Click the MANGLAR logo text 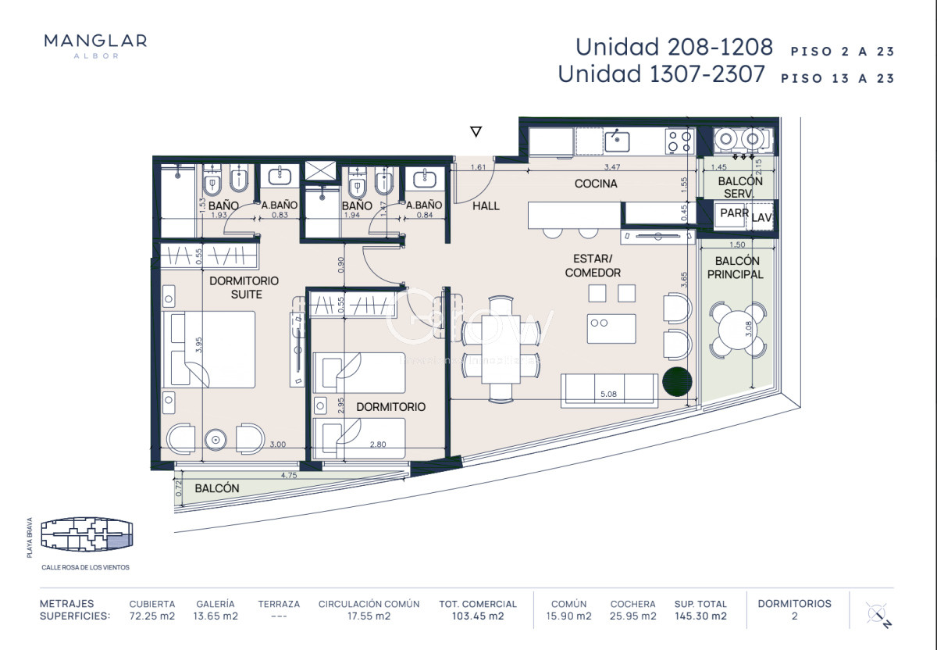click(95, 41)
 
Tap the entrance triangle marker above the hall click(476, 132)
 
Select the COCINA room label click(596, 184)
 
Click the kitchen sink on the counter click(617, 141)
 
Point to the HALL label click(486, 205)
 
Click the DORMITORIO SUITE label click(244, 287)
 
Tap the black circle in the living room click(675, 381)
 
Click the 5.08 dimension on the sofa click(610, 395)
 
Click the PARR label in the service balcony click(734, 212)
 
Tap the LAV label click(761, 219)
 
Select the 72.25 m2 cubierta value click(151, 616)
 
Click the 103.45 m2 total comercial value click(477, 616)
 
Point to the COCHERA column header click(632, 604)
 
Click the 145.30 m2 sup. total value click(700, 616)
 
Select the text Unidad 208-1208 click(674, 47)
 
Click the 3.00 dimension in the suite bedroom click(277, 445)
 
